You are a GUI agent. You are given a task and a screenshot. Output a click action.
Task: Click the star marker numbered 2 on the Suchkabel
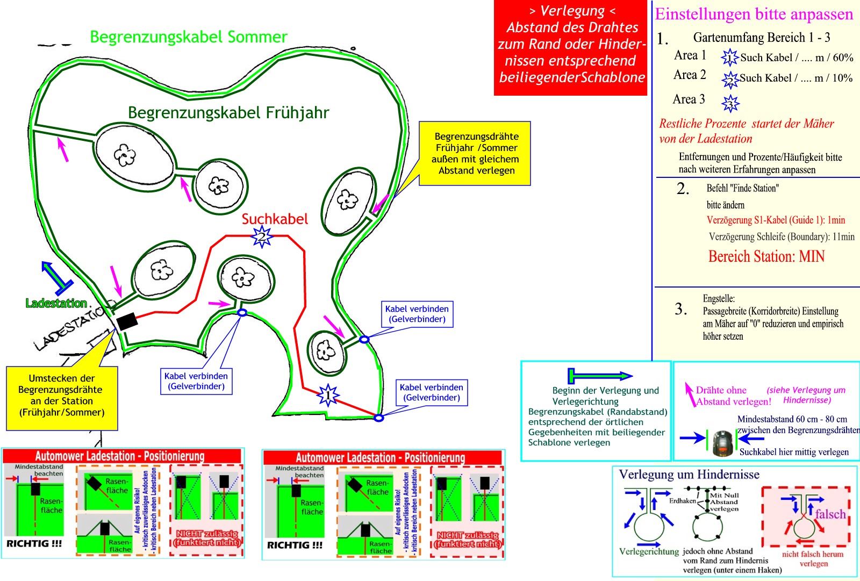(262, 236)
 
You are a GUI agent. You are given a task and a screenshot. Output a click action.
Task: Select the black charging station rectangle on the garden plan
(127, 321)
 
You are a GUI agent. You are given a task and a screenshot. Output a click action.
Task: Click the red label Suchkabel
(275, 219)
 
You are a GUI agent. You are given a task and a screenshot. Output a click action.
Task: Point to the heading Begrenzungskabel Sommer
(189, 37)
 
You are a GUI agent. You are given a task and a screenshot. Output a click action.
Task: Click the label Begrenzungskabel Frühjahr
(228, 113)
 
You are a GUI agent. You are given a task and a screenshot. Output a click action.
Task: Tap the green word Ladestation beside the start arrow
(56, 303)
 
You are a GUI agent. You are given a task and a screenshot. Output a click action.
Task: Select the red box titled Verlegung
(571, 48)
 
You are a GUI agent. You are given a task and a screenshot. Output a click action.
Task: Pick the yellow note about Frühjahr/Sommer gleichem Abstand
(475, 154)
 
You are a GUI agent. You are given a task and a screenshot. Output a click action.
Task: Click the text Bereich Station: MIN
(766, 256)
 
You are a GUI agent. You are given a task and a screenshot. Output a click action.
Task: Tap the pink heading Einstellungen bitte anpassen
(754, 14)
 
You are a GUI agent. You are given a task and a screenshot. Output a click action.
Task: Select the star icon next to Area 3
(730, 103)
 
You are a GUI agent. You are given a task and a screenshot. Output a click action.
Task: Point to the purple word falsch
(830, 514)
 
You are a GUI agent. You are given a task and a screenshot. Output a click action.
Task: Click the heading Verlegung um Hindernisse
(689, 475)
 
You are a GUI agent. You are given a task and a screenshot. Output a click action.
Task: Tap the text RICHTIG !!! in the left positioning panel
(34, 543)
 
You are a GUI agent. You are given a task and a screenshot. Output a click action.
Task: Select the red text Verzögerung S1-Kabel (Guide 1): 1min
(776, 220)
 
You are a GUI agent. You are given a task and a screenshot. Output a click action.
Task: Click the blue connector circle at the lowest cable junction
(378, 418)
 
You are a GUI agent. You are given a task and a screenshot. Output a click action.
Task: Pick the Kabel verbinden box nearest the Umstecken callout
(196, 381)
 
